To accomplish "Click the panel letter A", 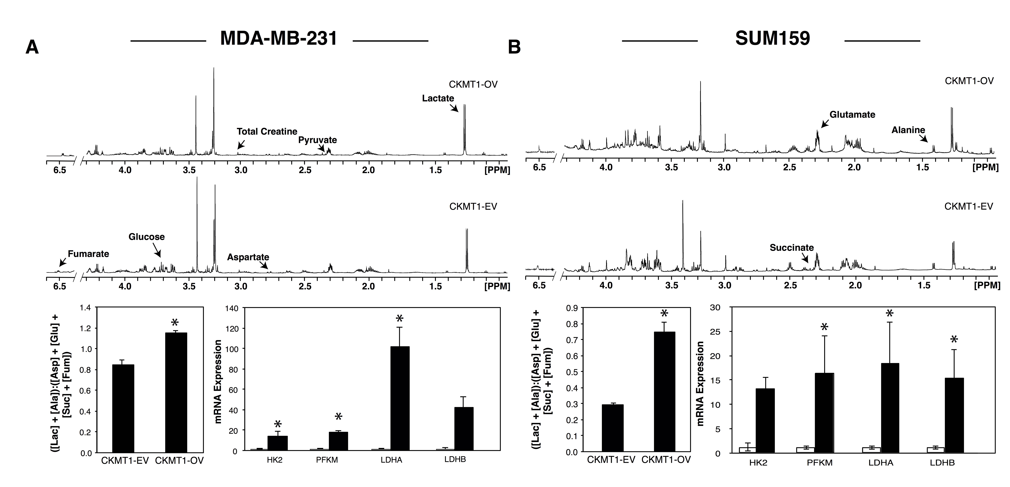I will click(x=32, y=48).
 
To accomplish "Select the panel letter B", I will click(x=514, y=48).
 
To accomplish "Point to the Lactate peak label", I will click(x=438, y=98).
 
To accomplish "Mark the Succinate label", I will click(x=792, y=248).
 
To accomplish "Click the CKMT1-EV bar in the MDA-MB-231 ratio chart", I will click(x=123, y=408).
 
